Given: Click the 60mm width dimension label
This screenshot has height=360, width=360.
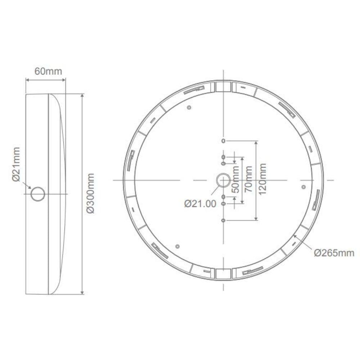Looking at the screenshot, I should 48,71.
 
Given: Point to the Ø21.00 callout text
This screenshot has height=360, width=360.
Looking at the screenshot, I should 200,204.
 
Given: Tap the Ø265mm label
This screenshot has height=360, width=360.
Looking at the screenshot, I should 334,253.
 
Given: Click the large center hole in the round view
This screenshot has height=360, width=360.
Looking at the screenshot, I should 223,180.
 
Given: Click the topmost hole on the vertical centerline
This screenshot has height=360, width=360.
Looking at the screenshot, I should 223,141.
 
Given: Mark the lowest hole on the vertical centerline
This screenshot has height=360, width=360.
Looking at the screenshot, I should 223,220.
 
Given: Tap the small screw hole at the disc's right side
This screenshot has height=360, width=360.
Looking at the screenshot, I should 303,187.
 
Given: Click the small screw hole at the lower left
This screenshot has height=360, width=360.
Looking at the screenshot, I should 177,246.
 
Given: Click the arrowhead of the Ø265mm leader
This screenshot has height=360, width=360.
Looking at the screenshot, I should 295,236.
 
